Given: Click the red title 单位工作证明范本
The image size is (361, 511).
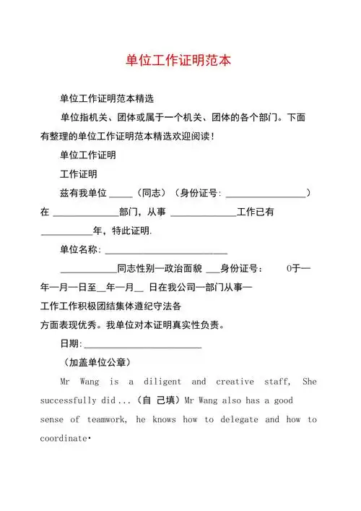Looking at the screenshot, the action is pos(180,60).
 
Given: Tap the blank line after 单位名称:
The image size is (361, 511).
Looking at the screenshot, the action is pos(166,250).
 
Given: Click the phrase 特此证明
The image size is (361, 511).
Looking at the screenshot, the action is pos(131,231).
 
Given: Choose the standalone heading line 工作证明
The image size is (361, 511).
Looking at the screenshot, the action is pos(79,175).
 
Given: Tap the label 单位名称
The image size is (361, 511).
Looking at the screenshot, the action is pos(80,250).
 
